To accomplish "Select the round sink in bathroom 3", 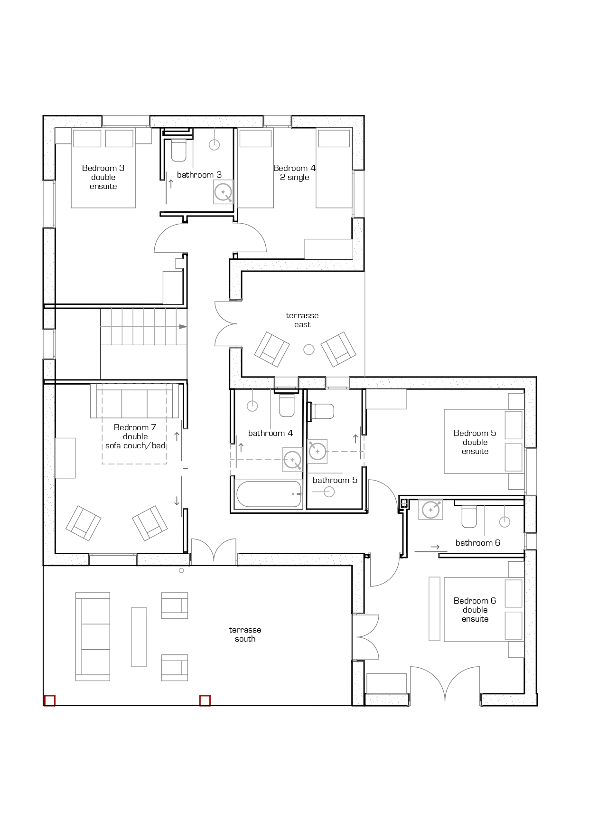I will click(x=223, y=192).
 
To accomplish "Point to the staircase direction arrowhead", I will click(x=183, y=327).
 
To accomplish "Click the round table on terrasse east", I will click(x=309, y=350).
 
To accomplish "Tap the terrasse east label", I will click(x=302, y=320).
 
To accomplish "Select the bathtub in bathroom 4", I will click(x=269, y=494).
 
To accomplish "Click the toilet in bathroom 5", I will click(x=323, y=411).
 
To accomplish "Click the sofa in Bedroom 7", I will click(x=135, y=401).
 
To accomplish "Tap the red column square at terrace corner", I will click(x=50, y=700).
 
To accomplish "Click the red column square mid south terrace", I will click(x=205, y=700).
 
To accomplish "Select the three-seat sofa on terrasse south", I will click(x=93, y=636).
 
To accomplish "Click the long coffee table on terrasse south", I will click(x=139, y=636).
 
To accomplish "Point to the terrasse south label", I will click(x=245, y=634).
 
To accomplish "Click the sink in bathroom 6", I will click(x=430, y=510).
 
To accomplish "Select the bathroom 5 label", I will click(x=335, y=480).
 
